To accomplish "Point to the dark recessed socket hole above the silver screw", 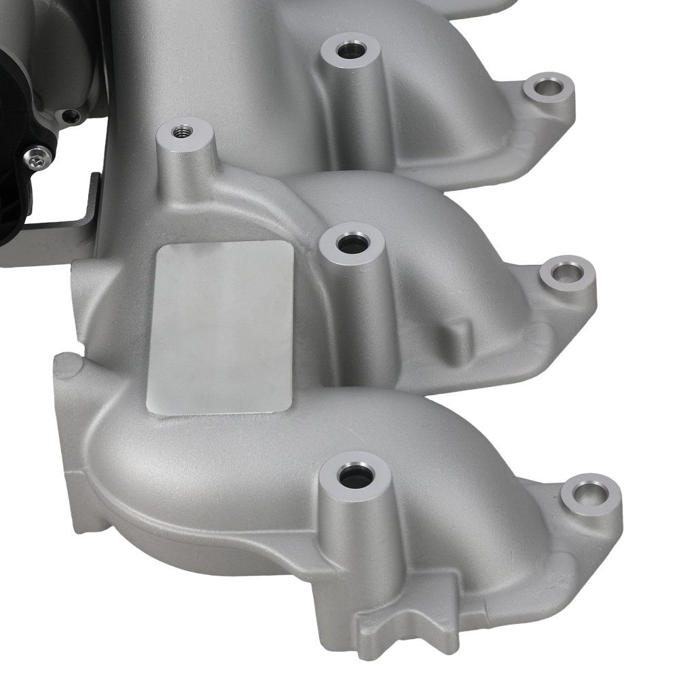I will (70, 117).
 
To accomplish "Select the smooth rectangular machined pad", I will (220, 327).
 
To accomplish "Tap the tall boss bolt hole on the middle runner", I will (351, 242).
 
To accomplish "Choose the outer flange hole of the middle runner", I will (566, 272).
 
